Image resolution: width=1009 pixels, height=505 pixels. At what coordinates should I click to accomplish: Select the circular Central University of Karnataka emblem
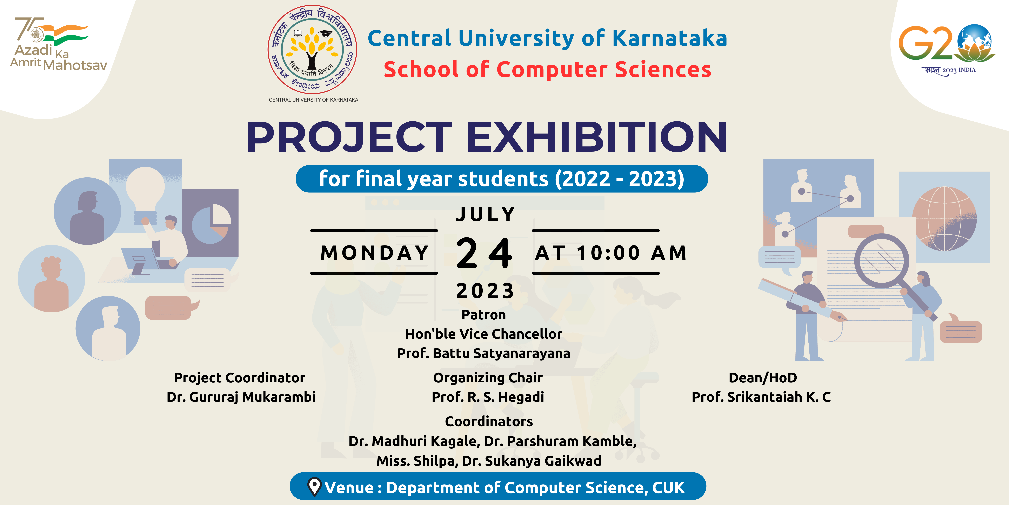tap(312, 49)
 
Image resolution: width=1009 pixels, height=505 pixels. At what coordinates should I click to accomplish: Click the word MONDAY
tap(374, 252)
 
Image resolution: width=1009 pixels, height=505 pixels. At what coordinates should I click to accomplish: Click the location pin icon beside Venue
tap(314, 487)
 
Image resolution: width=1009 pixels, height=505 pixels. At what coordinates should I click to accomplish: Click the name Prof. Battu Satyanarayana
tap(484, 353)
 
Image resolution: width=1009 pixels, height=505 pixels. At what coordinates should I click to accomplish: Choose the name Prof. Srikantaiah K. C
tap(761, 397)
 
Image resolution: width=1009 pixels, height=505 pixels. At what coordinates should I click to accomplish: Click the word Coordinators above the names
tap(489, 421)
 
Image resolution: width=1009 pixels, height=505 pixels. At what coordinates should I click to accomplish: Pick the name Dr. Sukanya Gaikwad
tap(532, 461)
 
